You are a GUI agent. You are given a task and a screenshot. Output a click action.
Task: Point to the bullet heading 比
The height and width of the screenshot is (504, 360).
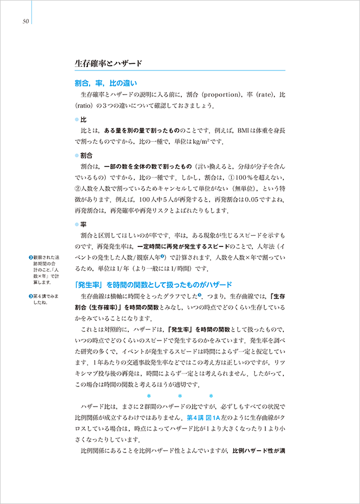(x=83, y=120)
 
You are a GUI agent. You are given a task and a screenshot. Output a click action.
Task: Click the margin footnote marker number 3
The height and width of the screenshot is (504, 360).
(x=31, y=296)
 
